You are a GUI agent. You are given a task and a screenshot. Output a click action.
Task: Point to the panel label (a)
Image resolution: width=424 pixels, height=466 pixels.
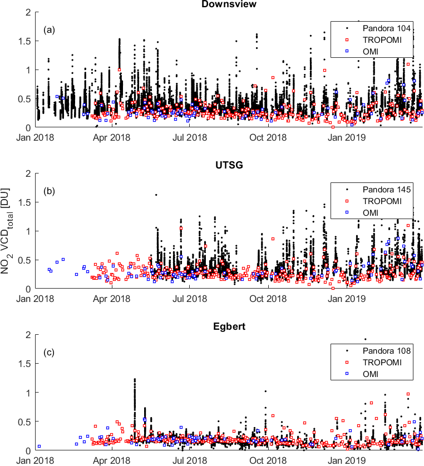[50, 29]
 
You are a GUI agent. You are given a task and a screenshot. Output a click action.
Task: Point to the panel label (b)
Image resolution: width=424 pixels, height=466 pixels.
[50, 190]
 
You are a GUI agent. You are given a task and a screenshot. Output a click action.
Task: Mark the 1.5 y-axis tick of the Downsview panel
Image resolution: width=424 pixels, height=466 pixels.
[24, 41]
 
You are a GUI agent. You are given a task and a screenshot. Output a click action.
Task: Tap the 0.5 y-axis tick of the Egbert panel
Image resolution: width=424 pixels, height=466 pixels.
[24, 422]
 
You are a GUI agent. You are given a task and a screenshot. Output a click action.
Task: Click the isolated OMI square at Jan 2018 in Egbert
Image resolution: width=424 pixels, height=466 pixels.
[39, 446]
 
